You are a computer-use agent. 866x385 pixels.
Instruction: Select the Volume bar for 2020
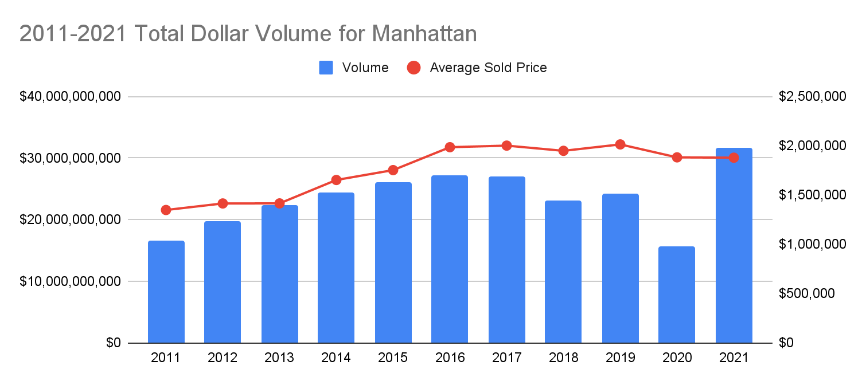click(x=677, y=294)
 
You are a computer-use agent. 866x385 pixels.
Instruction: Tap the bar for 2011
click(x=166, y=292)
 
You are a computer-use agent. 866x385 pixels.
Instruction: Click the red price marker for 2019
click(x=620, y=144)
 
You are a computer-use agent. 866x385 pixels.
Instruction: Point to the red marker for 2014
click(x=337, y=180)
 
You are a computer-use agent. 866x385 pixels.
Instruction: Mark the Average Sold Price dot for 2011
click(x=166, y=210)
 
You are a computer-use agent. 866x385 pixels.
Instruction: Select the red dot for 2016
click(x=450, y=147)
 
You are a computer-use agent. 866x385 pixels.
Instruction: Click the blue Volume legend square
click(x=326, y=68)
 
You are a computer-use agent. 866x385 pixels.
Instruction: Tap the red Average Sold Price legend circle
click(x=414, y=68)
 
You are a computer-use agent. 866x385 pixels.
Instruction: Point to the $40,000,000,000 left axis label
click(x=71, y=96)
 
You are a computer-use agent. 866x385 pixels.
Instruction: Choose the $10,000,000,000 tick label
click(x=71, y=281)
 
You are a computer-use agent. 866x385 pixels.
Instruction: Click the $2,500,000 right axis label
click(x=812, y=96)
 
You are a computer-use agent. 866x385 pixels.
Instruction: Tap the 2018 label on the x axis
click(x=563, y=358)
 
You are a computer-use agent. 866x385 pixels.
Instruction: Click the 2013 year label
click(x=279, y=358)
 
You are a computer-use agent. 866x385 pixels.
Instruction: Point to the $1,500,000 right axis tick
click(x=812, y=195)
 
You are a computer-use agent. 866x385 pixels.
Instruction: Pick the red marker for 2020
click(x=677, y=157)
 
